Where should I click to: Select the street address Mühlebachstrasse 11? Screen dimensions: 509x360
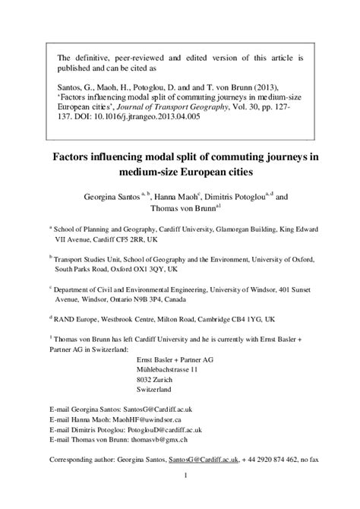pos(166,368)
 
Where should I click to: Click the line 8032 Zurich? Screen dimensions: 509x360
pos(153,378)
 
